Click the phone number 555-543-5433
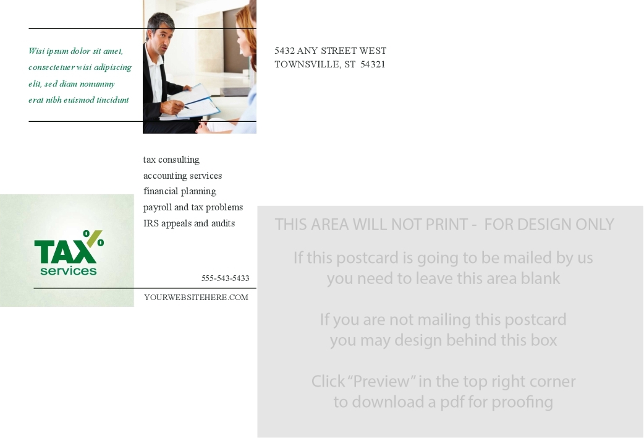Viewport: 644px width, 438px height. (225, 278)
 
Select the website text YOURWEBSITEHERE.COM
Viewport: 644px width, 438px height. (197, 298)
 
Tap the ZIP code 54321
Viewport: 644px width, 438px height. (373, 64)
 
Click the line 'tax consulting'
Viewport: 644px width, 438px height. (171, 160)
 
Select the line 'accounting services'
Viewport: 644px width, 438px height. (182, 176)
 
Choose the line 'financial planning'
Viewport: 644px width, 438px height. (179, 191)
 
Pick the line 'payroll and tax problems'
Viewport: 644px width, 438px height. (193, 207)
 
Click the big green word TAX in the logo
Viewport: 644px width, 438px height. (66, 252)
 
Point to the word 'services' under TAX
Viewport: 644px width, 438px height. (69, 271)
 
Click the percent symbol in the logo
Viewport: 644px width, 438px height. (94, 238)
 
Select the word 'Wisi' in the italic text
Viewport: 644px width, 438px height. (36, 51)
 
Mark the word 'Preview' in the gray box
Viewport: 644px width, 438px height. (381, 381)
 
